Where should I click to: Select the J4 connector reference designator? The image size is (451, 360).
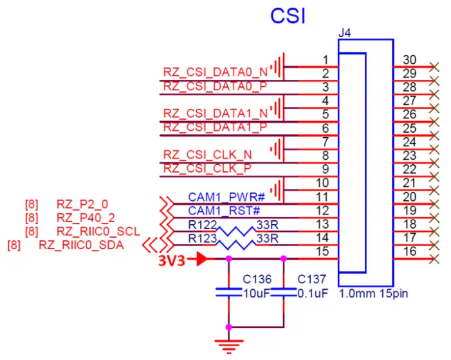(x=345, y=32)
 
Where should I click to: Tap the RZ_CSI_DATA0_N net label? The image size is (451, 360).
(x=216, y=72)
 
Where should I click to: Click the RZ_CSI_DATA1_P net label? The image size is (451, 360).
(x=216, y=127)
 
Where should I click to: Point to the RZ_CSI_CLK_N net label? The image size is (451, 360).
(x=207, y=155)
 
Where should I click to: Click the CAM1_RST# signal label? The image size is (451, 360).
(x=214, y=211)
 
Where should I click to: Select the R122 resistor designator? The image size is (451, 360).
(x=201, y=224)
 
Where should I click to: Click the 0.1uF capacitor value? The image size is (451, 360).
(x=313, y=294)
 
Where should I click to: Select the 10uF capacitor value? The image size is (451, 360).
(x=256, y=294)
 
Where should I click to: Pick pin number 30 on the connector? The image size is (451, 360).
(x=409, y=60)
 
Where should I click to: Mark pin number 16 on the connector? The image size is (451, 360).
(x=409, y=251)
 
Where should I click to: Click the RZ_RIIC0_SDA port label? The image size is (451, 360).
(x=81, y=245)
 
